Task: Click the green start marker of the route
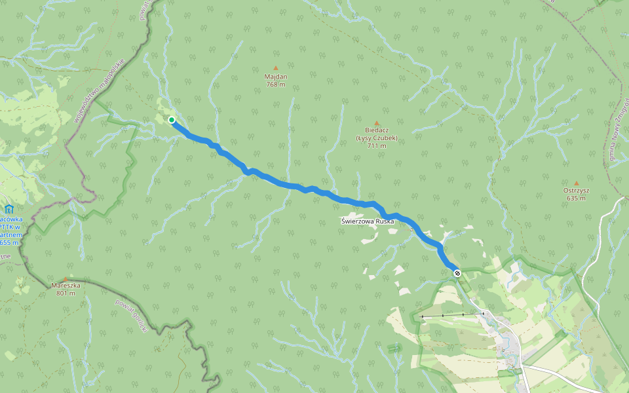(172, 120)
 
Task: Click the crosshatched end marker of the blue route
(457, 273)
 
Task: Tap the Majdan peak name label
(276, 77)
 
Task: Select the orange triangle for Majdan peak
(276, 68)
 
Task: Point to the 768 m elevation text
(276, 84)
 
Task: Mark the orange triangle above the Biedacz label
(377, 123)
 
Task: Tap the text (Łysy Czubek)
(376, 138)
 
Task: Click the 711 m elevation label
(376, 146)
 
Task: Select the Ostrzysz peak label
(577, 191)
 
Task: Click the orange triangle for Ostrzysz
(577, 183)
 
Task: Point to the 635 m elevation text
(577, 198)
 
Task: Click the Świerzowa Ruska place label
(368, 221)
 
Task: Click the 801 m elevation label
(66, 293)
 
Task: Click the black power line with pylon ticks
(452, 315)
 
